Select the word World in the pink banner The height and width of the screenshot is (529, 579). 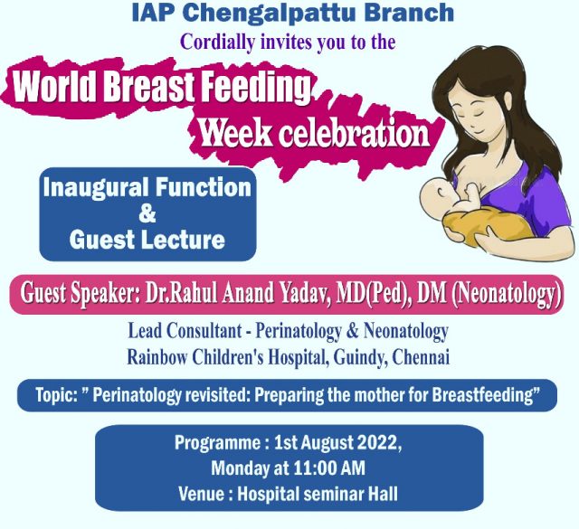(x=56, y=86)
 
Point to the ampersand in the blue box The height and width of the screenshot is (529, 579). (x=147, y=213)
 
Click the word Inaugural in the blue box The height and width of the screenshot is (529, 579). (x=97, y=187)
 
